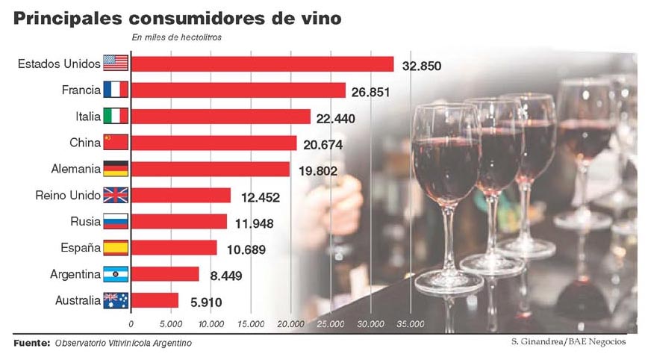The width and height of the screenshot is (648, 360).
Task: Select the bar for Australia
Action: pos(155,300)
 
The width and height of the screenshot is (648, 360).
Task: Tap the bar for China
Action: pos(214,143)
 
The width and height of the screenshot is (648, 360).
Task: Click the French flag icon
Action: pos(116,90)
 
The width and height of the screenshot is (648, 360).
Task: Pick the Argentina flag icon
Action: pos(116,274)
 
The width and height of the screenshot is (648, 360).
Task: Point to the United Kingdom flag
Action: pos(116,196)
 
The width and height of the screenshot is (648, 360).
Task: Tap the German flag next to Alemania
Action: pos(116,169)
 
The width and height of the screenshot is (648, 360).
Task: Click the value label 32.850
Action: pos(421,66)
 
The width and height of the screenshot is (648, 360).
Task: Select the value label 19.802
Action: pos(317,171)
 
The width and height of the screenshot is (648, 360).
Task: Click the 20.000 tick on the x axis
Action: pos(290,324)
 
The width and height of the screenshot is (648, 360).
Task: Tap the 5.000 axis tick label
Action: pos(171,324)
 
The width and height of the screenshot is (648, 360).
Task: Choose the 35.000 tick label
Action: pos(410,324)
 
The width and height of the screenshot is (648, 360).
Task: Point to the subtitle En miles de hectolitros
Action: pos(176,37)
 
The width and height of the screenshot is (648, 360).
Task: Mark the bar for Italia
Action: pos(221,117)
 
